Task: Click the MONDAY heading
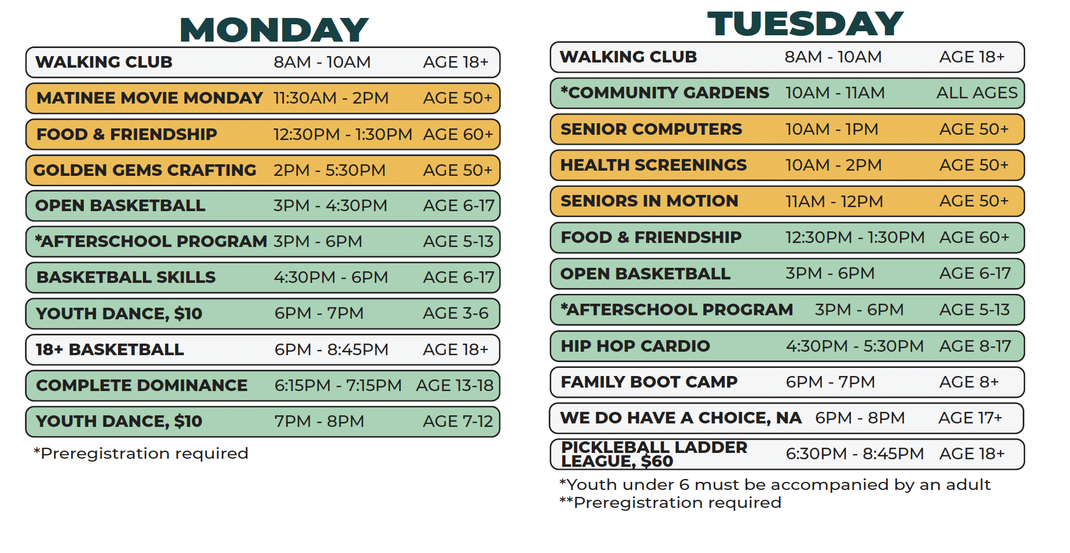(x=274, y=30)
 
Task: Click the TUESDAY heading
(x=805, y=24)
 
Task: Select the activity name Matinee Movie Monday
(x=150, y=98)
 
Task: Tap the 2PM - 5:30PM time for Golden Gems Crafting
(x=329, y=170)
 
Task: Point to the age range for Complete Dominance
(x=455, y=385)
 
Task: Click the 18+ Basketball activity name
(x=110, y=349)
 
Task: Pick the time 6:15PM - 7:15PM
(x=338, y=385)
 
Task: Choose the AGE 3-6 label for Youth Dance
(x=456, y=314)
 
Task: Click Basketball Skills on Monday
(x=126, y=278)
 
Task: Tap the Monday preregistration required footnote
(x=141, y=453)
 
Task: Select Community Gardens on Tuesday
(x=665, y=93)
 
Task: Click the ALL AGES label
(x=977, y=93)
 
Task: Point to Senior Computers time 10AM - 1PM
(x=832, y=129)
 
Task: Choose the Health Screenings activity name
(x=654, y=165)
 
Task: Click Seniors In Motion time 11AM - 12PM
(x=834, y=201)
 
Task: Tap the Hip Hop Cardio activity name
(x=635, y=346)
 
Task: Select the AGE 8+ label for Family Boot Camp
(x=969, y=382)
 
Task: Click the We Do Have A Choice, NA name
(x=681, y=418)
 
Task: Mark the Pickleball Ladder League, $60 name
(x=654, y=454)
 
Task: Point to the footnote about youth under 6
(x=775, y=484)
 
